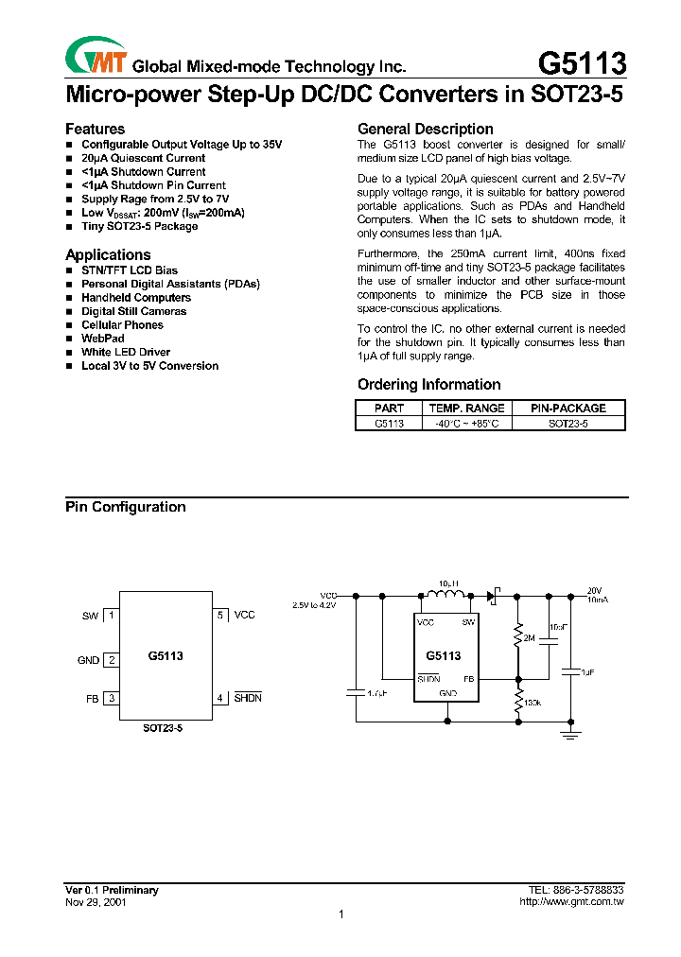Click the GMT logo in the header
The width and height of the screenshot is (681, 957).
click(96, 58)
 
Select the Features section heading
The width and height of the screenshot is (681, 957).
click(95, 129)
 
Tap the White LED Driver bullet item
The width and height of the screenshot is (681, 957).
click(126, 352)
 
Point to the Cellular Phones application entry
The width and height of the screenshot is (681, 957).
click(122, 324)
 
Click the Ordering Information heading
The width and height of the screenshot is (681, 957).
click(428, 384)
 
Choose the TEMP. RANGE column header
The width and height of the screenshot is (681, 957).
click(466, 408)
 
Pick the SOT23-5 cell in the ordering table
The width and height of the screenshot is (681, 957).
click(567, 424)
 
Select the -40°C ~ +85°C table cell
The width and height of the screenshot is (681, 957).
click(466, 424)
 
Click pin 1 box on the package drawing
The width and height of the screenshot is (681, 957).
click(112, 616)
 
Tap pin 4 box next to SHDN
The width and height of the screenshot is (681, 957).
click(220, 698)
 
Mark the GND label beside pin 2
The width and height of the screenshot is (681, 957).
click(88, 660)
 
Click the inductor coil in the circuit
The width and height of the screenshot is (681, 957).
click(444, 595)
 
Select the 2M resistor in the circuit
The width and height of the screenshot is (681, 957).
click(517, 638)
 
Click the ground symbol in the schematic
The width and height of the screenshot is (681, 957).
click(569, 733)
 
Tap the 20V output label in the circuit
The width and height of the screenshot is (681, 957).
click(594, 588)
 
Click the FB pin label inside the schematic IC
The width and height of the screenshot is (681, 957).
click(468, 679)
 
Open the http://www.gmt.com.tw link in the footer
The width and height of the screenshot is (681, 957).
click(571, 902)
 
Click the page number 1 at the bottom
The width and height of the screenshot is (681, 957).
click(340, 914)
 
